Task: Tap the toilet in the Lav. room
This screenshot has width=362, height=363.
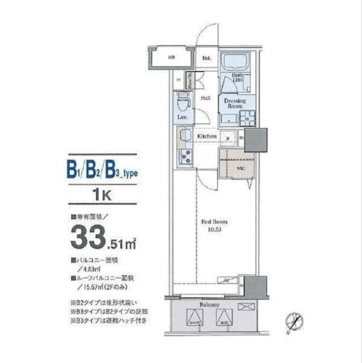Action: (x=183, y=102)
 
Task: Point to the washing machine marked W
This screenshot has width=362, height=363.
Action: (x=247, y=119)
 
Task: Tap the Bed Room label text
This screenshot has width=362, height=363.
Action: (x=213, y=221)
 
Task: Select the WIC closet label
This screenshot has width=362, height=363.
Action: (x=239, y=168)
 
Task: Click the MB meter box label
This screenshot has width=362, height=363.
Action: (x=172, y=58)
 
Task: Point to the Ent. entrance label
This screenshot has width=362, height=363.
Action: (x=206, y=58)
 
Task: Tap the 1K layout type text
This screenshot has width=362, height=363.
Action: (x=103, y=195)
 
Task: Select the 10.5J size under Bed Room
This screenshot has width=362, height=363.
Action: (x=213, y=230)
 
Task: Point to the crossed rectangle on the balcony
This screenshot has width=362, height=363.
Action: (x=247, y=307)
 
